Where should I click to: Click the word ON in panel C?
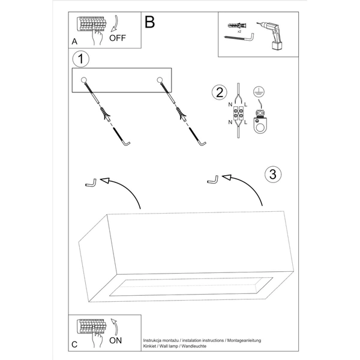point(118,340)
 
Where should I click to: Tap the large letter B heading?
point(150,22)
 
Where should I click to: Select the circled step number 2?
point(220,92)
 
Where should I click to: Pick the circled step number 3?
point(272,175)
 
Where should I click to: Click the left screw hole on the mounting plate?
point(85,80)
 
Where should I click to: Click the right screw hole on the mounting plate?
point(161,80)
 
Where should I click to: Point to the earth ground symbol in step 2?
point(259,91)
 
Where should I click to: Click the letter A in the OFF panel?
point(74,42)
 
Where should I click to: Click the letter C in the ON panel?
point(74,344)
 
